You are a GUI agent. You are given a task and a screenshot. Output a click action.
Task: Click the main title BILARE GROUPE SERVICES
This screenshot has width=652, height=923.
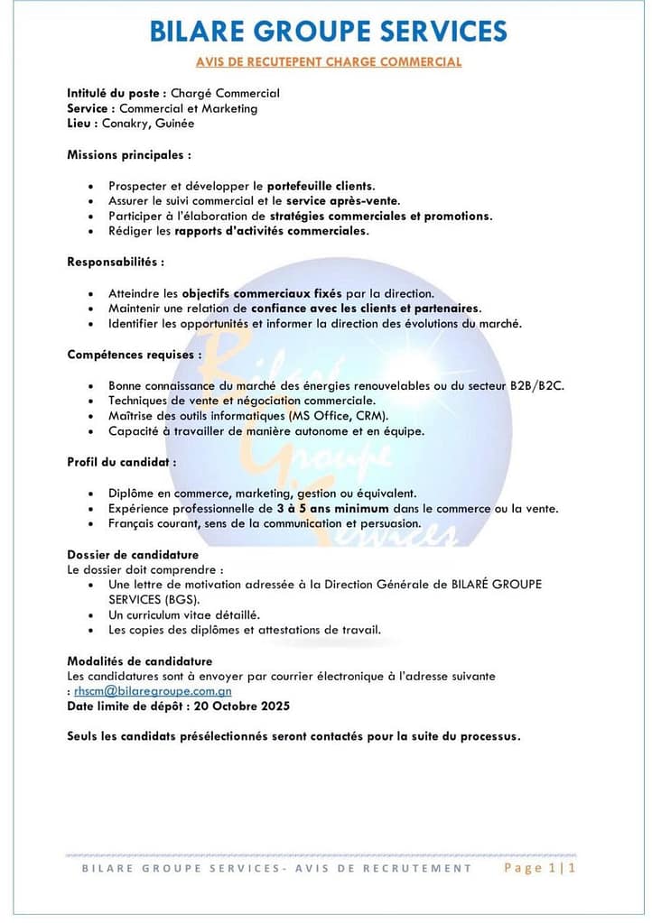pos(328,31)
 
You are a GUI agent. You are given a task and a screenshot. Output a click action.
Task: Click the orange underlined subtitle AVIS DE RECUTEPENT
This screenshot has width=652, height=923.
pos(329,62)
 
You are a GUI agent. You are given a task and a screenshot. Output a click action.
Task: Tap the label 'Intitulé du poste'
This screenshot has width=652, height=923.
pos(113,93)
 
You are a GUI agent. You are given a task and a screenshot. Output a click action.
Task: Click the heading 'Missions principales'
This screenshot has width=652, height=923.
pos(128,154)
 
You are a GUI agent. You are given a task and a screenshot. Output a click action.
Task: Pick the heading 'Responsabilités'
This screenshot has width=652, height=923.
pos(116,262)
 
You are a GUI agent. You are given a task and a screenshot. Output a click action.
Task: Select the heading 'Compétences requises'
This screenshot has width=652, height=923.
pos(134,355)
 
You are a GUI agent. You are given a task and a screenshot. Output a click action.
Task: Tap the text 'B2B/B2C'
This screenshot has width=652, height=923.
pos(538,385)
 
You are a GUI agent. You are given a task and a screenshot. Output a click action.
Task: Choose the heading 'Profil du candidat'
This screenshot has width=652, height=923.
pos(121,462)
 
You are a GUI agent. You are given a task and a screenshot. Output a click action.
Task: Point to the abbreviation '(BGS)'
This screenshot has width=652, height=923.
pos(179,599)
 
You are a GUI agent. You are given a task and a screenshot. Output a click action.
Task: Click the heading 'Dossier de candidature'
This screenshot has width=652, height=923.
pos(133,555)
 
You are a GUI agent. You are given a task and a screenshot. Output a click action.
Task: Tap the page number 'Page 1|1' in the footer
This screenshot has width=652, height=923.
pos(539,868)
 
